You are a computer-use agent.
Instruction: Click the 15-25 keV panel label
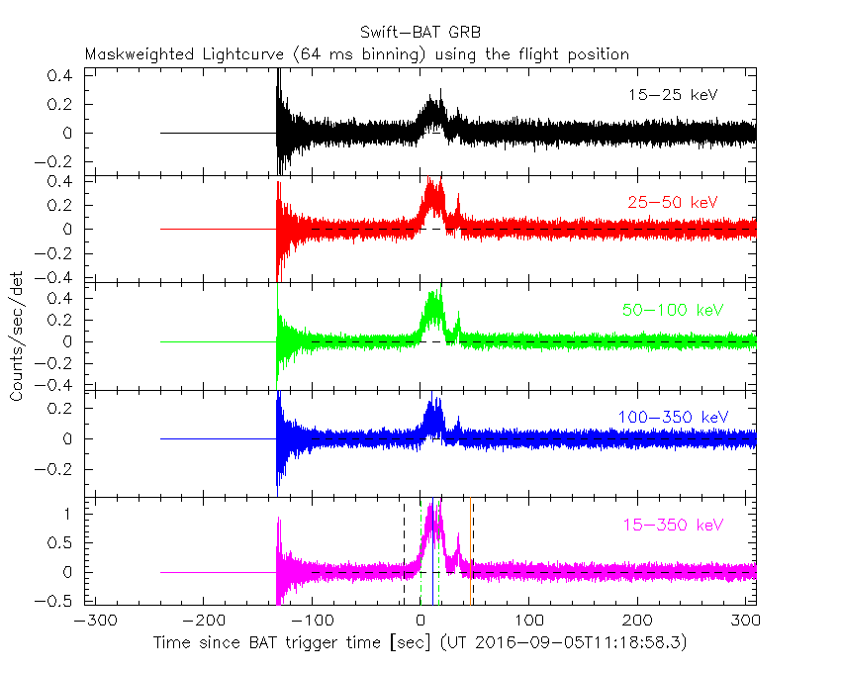pyautogui.click(x=672, y=95)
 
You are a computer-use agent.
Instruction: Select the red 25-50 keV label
pyautogui.click(x=672, y=203)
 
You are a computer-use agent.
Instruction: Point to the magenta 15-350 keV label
pyautogui.click(x=672, y=525)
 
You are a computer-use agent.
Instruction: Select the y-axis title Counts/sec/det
pyautogui.click(x=17, y=336)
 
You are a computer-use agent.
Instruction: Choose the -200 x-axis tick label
pyautogui.click(x=203, y=621)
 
